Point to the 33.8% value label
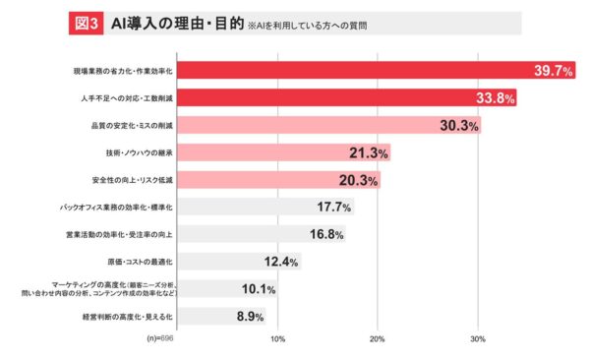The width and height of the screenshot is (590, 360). (x=496, y=98)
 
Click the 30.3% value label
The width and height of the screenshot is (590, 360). (x=459, y=126)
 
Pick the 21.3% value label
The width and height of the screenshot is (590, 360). (x=369, y=153)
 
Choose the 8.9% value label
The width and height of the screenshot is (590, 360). (x=250, y=317)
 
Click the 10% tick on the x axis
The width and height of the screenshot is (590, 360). (x=277, y=339)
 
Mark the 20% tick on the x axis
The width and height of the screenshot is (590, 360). (x=377, y=339)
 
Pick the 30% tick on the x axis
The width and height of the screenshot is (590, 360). (x=478, y=339)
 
